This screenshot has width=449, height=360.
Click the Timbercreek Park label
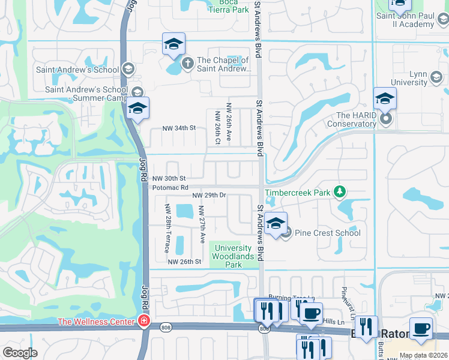point(298,193)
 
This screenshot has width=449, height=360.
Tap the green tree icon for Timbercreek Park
point(340,192)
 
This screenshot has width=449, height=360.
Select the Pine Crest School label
point(328,233)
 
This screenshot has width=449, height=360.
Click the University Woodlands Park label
point(233,256)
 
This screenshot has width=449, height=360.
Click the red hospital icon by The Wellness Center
point(143,322)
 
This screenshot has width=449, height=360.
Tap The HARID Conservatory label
point(352,120)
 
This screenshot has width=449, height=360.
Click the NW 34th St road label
point(179,128)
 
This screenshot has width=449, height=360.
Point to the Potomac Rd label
point(170,188)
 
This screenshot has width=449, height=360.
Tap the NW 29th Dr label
point(209,195)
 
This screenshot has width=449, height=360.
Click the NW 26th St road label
point(184,262)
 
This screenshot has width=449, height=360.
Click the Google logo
point(20,353)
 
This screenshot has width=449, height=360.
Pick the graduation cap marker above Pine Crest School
point(276,224)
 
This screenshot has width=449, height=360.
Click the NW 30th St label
point(169,179)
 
